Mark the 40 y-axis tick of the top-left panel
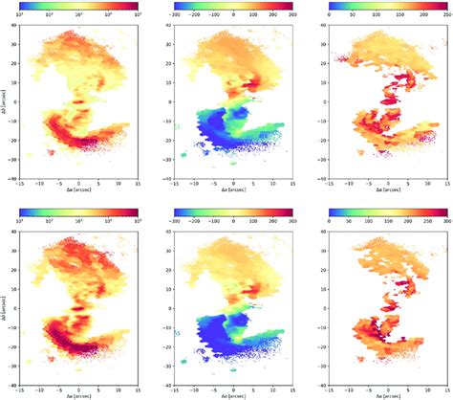pyautogui.click(x=22, y=27)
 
